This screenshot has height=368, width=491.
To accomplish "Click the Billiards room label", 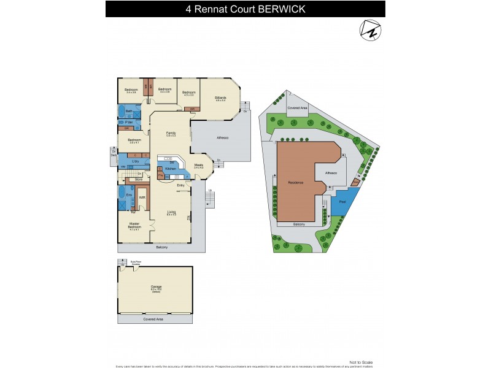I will click(220, 98).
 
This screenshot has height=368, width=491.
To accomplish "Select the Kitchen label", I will click(171, 168).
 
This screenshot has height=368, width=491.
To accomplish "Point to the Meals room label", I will click(199, 164).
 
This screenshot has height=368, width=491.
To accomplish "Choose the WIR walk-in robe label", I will click(142, 197).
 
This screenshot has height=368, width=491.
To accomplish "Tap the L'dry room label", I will click(134, 161).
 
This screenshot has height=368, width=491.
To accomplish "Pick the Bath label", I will click(129, 110).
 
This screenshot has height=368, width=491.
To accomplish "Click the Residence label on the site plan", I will click(296, 183).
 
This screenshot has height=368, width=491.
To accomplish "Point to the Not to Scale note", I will click(360, 362).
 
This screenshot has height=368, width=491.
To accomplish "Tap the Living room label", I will click(171, 213).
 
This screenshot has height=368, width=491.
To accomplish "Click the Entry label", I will click(180, 185).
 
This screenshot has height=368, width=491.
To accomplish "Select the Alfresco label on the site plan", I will click(330, 173).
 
